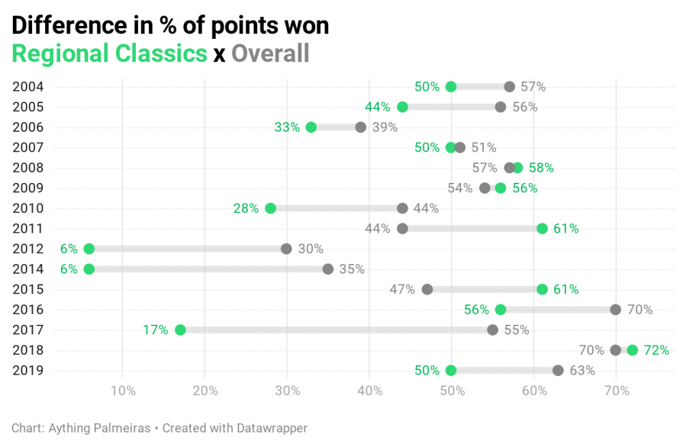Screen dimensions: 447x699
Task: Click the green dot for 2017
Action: click(180, 330)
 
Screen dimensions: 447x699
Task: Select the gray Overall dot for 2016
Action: click(616, 310)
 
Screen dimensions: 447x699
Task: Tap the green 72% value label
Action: click(656, 350)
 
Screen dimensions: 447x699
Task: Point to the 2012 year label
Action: click(28, 249)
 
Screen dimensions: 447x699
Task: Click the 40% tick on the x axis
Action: click(370, 391)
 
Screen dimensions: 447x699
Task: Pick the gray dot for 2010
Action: click(402, 208)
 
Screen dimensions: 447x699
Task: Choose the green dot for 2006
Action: click(312, 127)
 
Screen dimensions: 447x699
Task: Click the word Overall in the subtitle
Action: click(271, 53)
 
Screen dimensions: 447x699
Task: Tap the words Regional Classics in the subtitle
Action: click(109, 53)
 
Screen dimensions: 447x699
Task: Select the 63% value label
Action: click(582, 371)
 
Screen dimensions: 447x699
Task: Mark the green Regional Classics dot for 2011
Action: click(542, 229)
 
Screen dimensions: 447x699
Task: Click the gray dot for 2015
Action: click(427, 289)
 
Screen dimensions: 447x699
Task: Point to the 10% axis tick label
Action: click(122, 391)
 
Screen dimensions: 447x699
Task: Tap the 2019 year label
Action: click(28, 371)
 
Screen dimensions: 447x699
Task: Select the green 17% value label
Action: click(155, 330)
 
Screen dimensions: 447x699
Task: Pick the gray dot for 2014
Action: click(328, 269)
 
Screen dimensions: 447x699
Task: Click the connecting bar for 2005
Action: click(451, 107)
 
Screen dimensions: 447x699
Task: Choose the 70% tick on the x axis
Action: click(616, 391)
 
